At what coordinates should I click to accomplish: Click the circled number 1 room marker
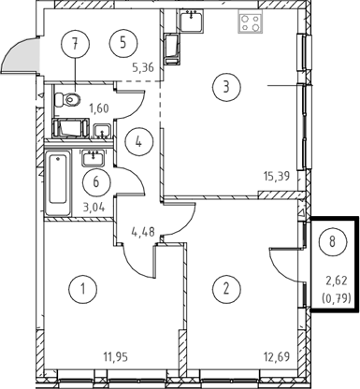[x=82, y=289]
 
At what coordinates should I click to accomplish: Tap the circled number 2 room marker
[x=226, y=289]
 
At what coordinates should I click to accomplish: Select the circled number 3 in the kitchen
[x=226, y=87]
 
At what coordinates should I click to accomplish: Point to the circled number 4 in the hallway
[x=139, y=142]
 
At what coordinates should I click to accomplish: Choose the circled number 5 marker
[x=123, y=43]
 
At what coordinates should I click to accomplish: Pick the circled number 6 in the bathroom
[x=96, y=182]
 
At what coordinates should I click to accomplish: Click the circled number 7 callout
[x=75, y=44]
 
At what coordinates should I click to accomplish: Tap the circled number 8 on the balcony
[x=333, y=241]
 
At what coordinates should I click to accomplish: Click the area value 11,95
[x=116, y=356]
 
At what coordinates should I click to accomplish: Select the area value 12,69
[x=277, y=356]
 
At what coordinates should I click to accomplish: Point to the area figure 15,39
[x=277, y=177]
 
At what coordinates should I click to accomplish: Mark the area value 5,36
[x=143, y=67]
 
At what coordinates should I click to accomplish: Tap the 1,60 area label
[x=99, y=108]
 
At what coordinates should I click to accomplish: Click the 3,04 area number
[x=94, y=207]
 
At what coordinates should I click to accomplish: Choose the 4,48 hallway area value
[x=143, y=232]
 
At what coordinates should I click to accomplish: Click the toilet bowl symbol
[x=67, y=99]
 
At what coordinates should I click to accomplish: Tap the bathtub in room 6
[x=58, y=182]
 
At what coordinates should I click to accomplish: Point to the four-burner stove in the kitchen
[x=251, y=22]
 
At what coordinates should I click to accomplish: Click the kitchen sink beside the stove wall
[x=192, y=21]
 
